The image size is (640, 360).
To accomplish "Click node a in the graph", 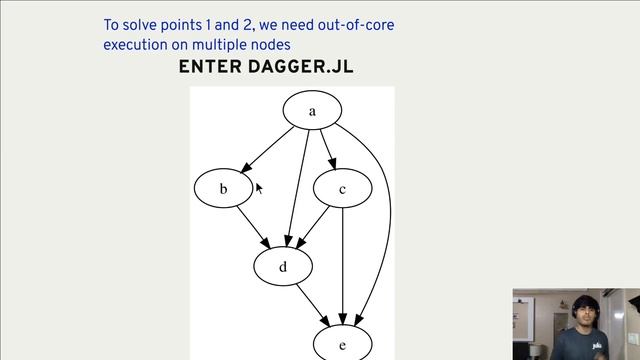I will [x=312, y=111].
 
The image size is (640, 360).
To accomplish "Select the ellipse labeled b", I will [x=223, y=188].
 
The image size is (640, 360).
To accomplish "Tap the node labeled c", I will [x=342, y=188].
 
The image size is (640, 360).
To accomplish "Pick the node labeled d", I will [x=283, y=266].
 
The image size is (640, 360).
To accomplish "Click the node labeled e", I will [x=342, y=344].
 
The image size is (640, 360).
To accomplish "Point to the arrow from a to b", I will [x=268, y=149].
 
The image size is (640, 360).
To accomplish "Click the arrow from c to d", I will [x=313, y=227].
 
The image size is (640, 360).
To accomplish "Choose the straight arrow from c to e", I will [x=343, y=265].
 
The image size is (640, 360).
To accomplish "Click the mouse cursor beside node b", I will [x=259, y=188].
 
